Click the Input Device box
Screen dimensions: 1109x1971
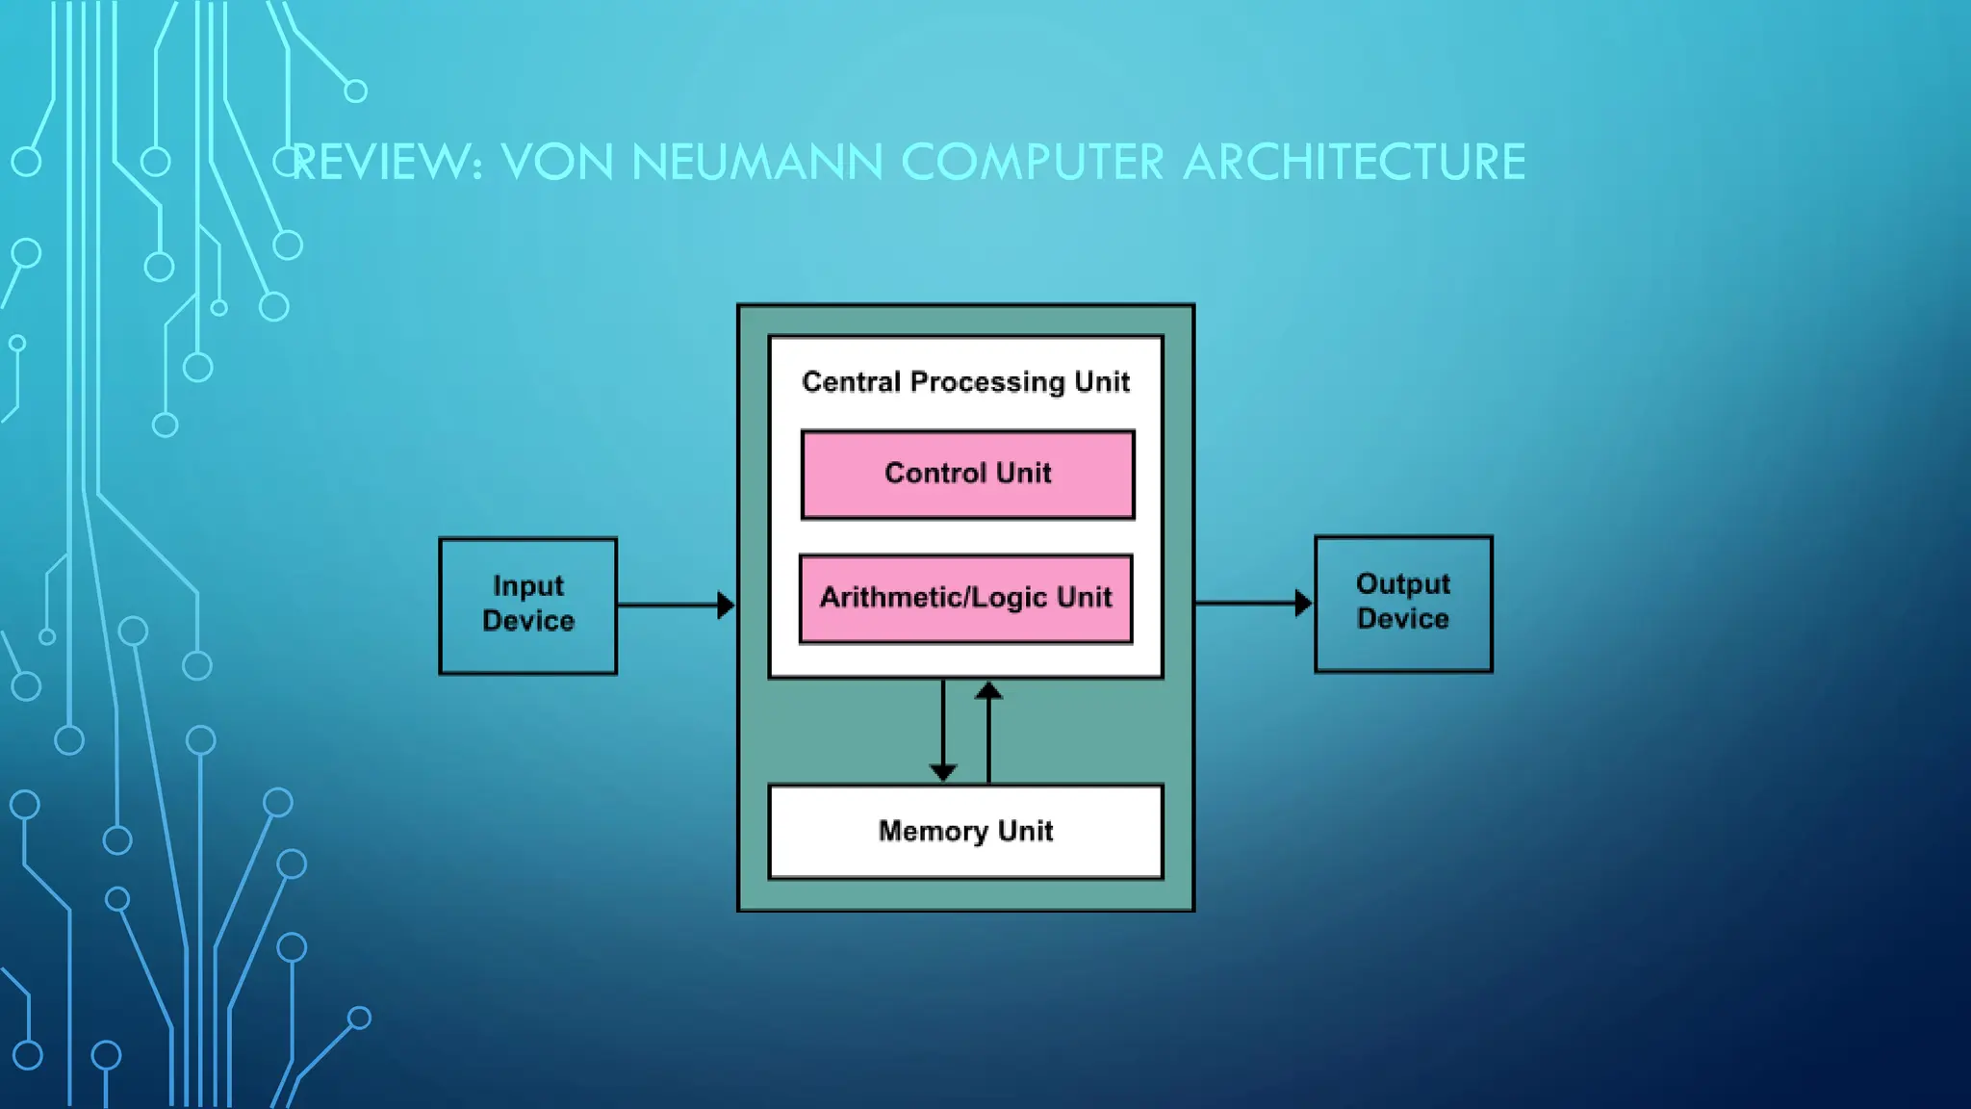[x=527, y=606]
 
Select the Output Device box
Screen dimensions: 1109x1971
[x=1403, y=604]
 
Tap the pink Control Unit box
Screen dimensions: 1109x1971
[x=967, y=475]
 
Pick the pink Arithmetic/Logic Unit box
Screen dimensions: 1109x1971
[x=965, y=599]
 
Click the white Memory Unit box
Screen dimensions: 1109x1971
[x=965, y=832]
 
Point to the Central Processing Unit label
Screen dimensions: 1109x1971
[x=965, y=382]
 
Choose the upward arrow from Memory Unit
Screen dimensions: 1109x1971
[x=988, y=732]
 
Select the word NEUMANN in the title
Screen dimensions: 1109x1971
[x=756, y=162]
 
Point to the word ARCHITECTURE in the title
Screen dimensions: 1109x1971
[x=1353, y=162]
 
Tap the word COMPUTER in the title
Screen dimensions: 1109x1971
[x=1033, y=162]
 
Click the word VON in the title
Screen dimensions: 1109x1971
[x=557, y=162]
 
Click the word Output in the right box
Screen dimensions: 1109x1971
[x=1403, y=584]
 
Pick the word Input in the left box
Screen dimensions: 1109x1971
[x=528, y=586]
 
